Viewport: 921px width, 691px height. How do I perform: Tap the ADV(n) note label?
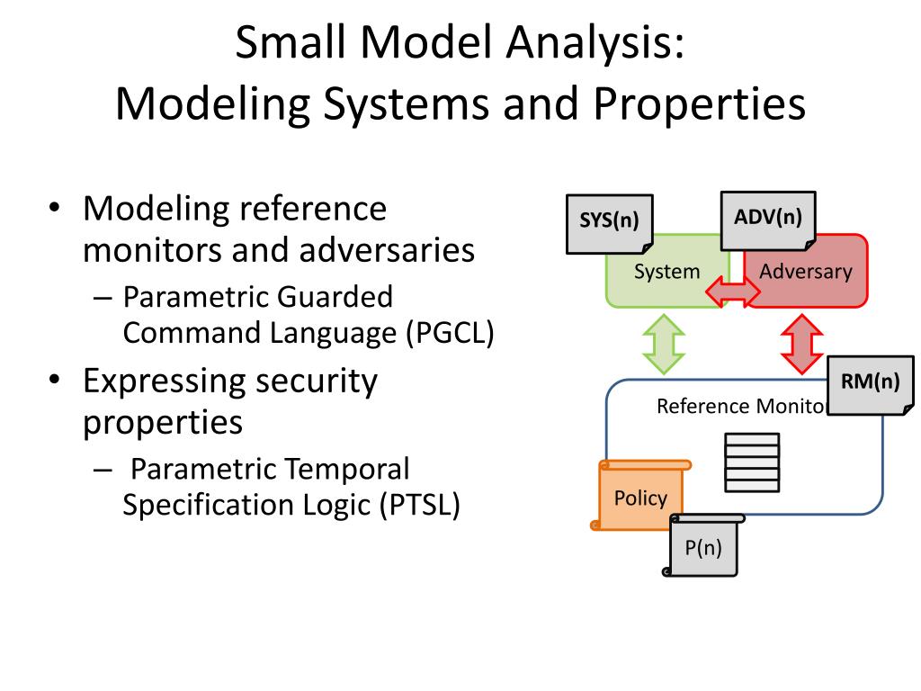click(x=767, y=217)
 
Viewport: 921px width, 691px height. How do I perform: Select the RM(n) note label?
click(x=870, y=381)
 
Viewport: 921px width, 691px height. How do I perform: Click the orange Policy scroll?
click(x=640, y=498)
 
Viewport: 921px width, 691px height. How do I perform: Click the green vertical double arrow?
click(x=663, y=343)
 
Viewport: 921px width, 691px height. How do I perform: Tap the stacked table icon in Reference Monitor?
click(x=752, y=462)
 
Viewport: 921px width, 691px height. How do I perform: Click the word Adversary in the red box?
click(x=806, y=271)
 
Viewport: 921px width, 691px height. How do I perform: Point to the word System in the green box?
click(x=666, y=271)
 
